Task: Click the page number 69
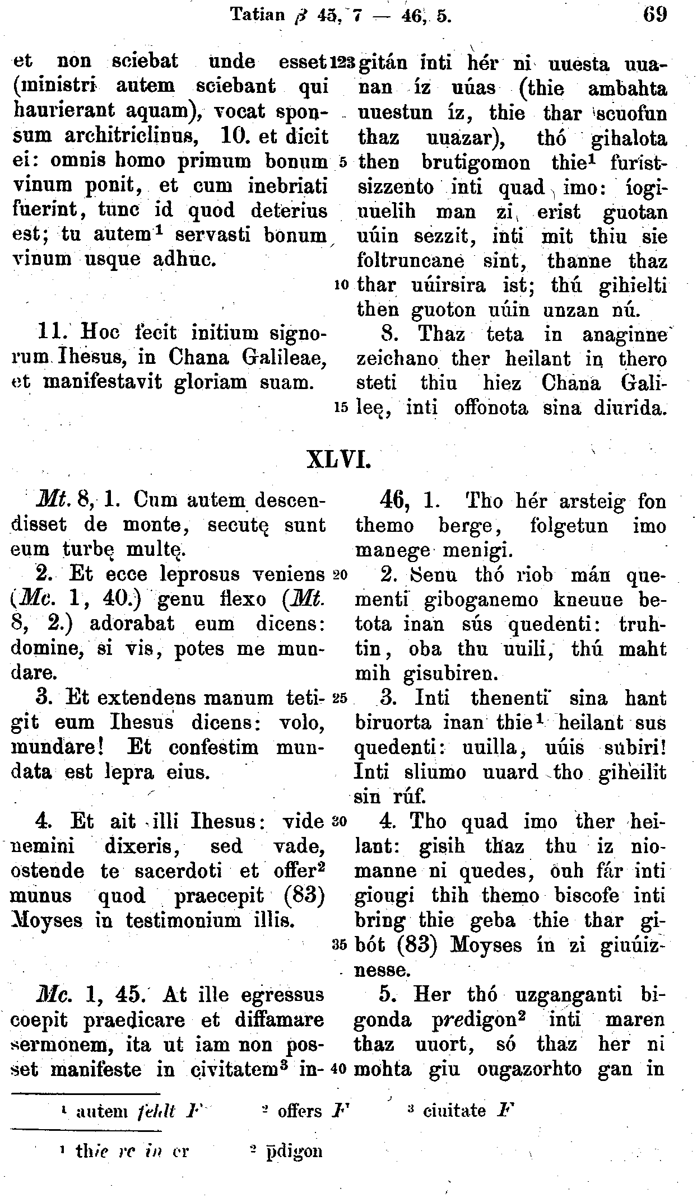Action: coord(654,13)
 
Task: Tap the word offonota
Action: coord(483,408)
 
